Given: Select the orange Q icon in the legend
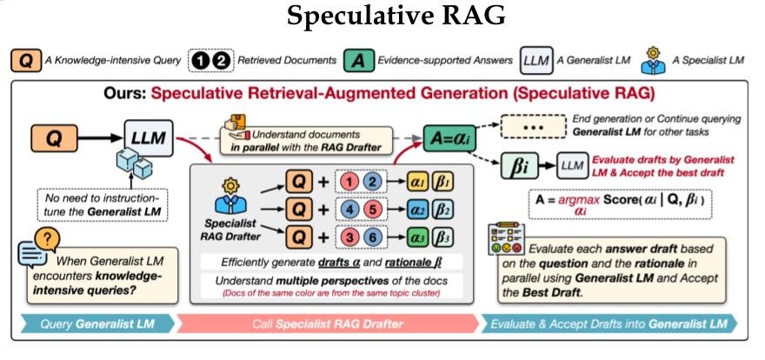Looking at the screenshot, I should tap(28, 61).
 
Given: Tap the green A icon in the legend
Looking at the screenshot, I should tap(356, 61).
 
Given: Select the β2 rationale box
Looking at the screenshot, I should tap(441, 210).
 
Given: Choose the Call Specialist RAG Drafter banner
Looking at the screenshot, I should tap(327, 322).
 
